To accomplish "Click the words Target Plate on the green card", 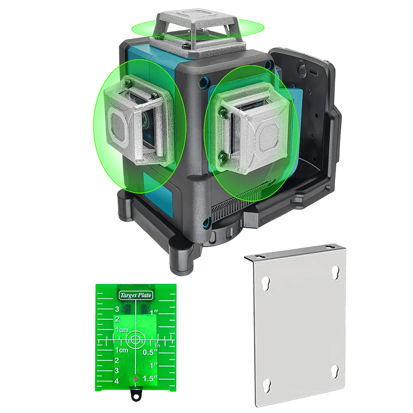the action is point(135,295).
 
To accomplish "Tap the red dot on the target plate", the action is point(135,379).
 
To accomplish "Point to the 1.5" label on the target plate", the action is point(150,378).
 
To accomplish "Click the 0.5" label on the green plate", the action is point(150,352).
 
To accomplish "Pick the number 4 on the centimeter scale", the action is point(117,381).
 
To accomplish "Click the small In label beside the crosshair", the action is point(157,345).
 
